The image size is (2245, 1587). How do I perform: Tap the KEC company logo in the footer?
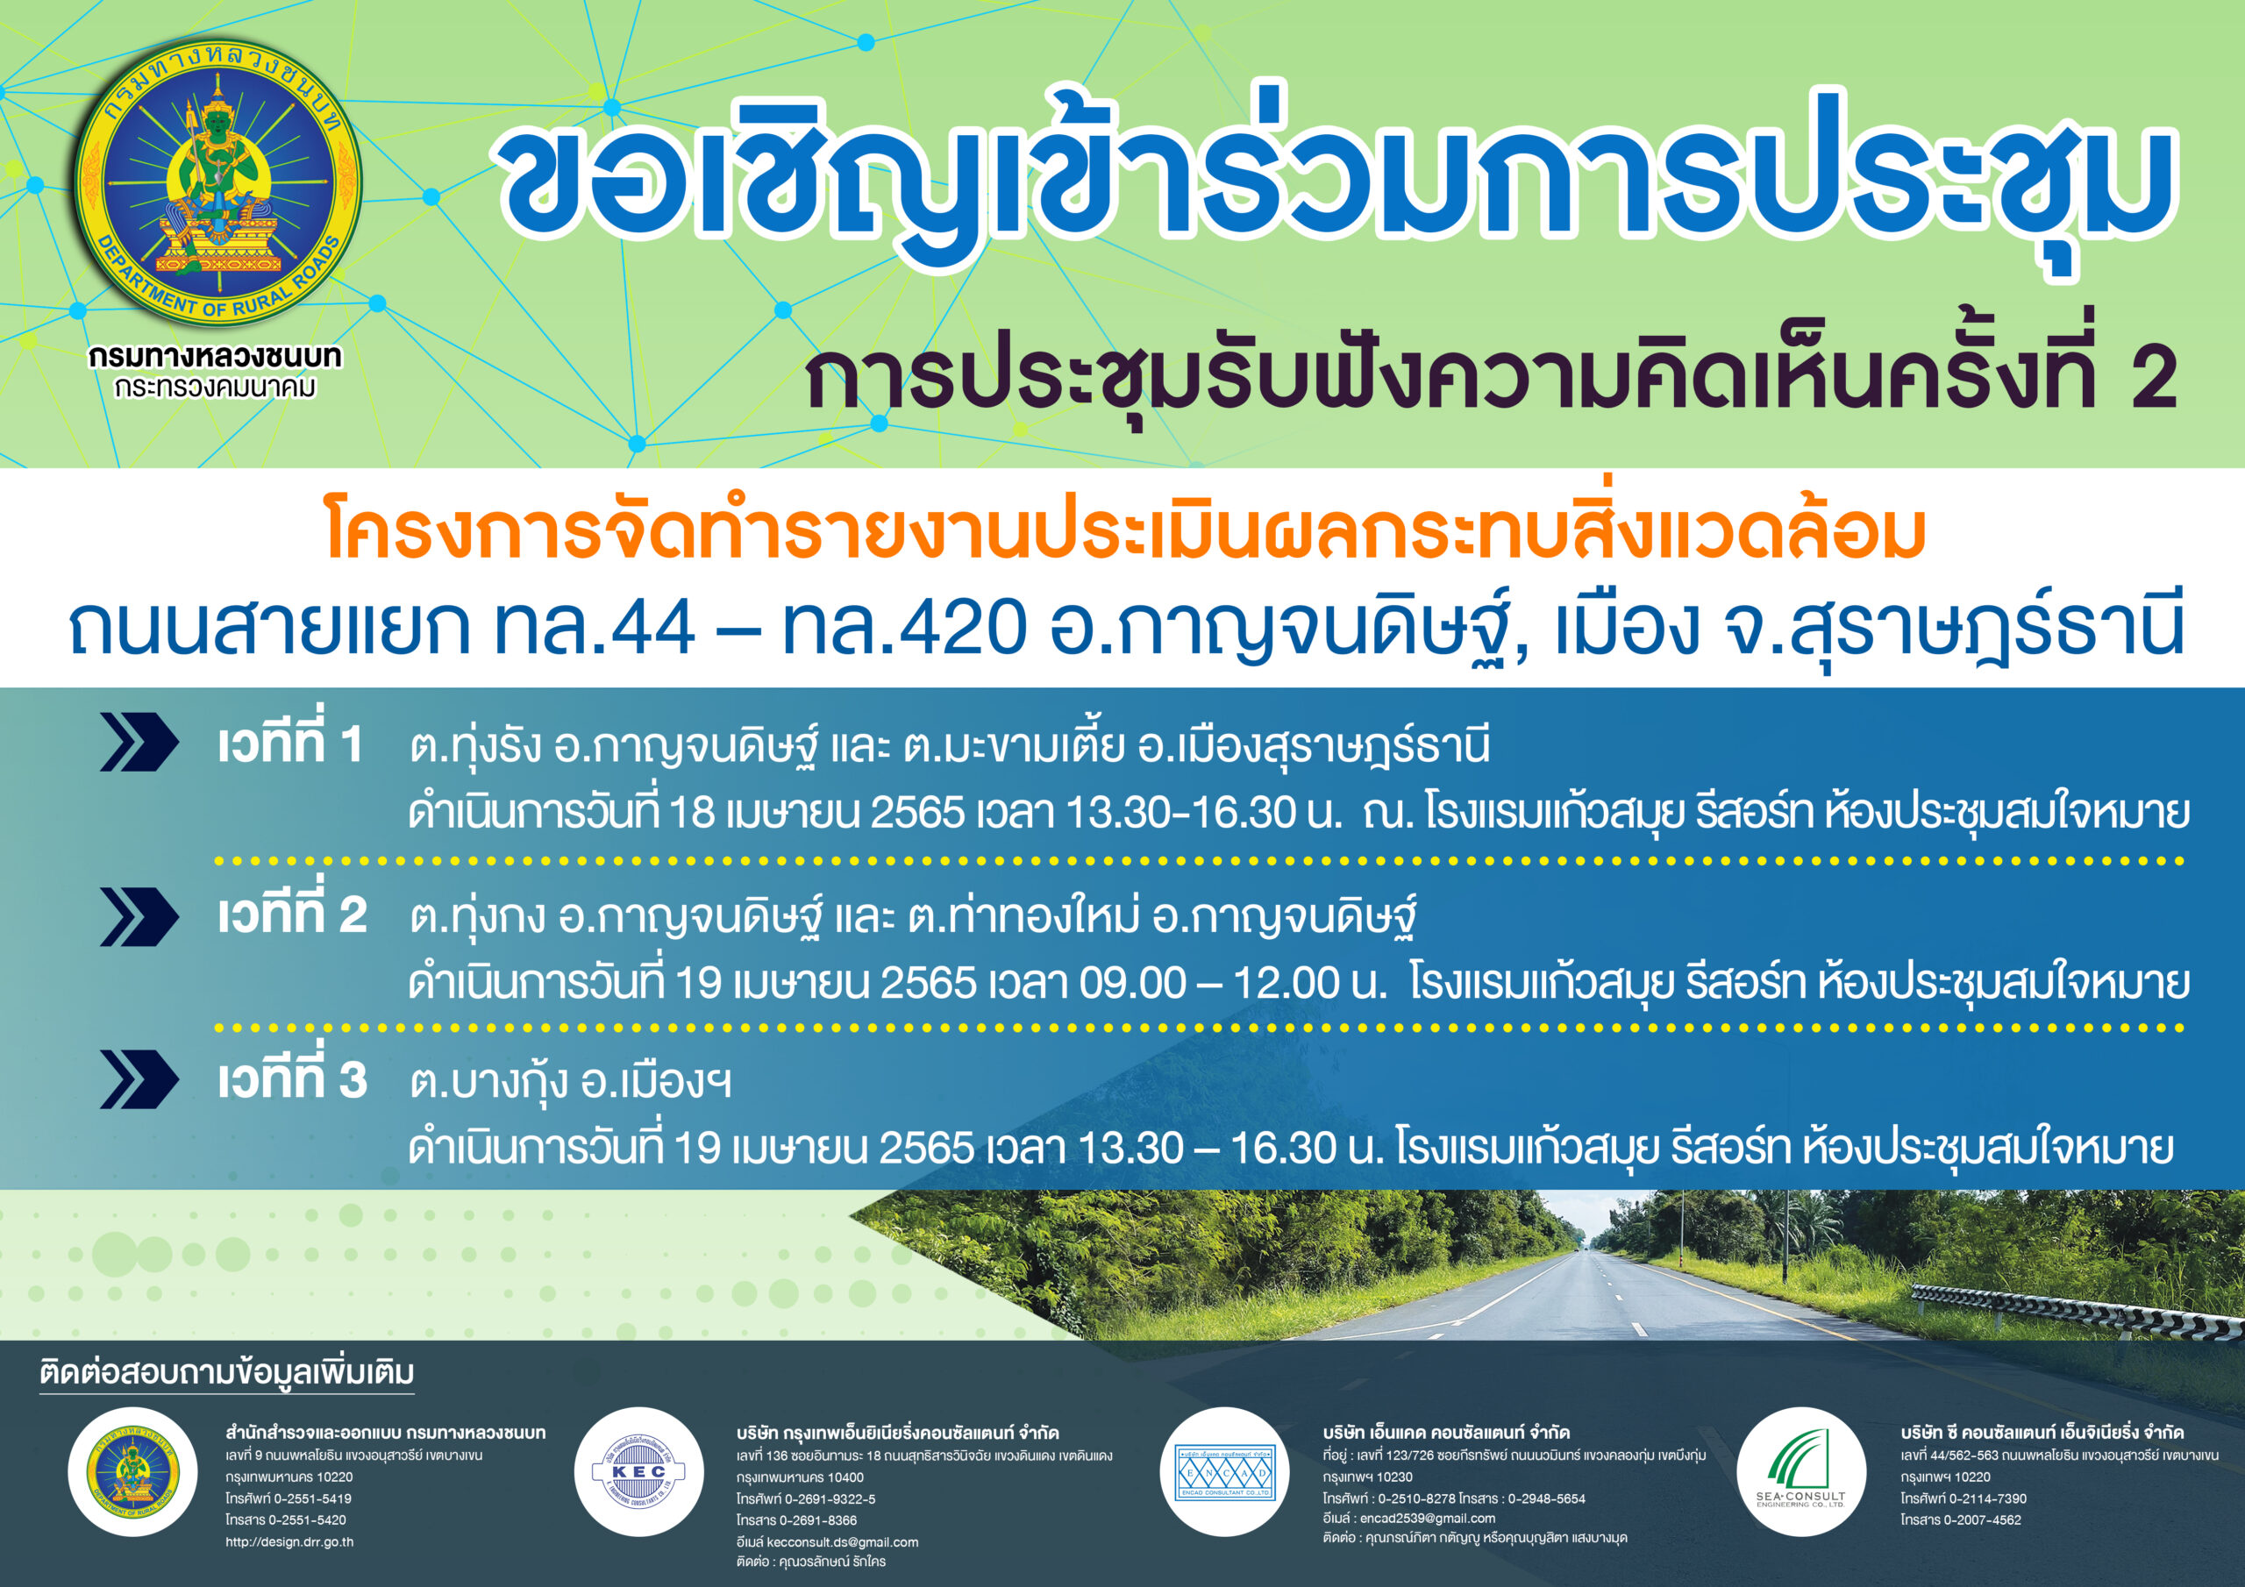pos(638,1471)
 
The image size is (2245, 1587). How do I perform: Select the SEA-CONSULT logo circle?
pos(1801,1471)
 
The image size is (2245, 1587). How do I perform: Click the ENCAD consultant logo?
pos(1224,1471)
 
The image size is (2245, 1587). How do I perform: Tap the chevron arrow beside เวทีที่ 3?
pos(139,1079)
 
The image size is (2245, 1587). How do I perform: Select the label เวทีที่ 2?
pos(292,914)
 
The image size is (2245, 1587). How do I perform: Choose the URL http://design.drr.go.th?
pos(289,1542)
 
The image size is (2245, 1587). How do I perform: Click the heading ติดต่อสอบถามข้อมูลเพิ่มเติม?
pos(227,1373)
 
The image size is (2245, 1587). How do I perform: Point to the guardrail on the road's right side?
pos(2073,1310)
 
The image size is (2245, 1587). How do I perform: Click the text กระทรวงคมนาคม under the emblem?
pos(215,388)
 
